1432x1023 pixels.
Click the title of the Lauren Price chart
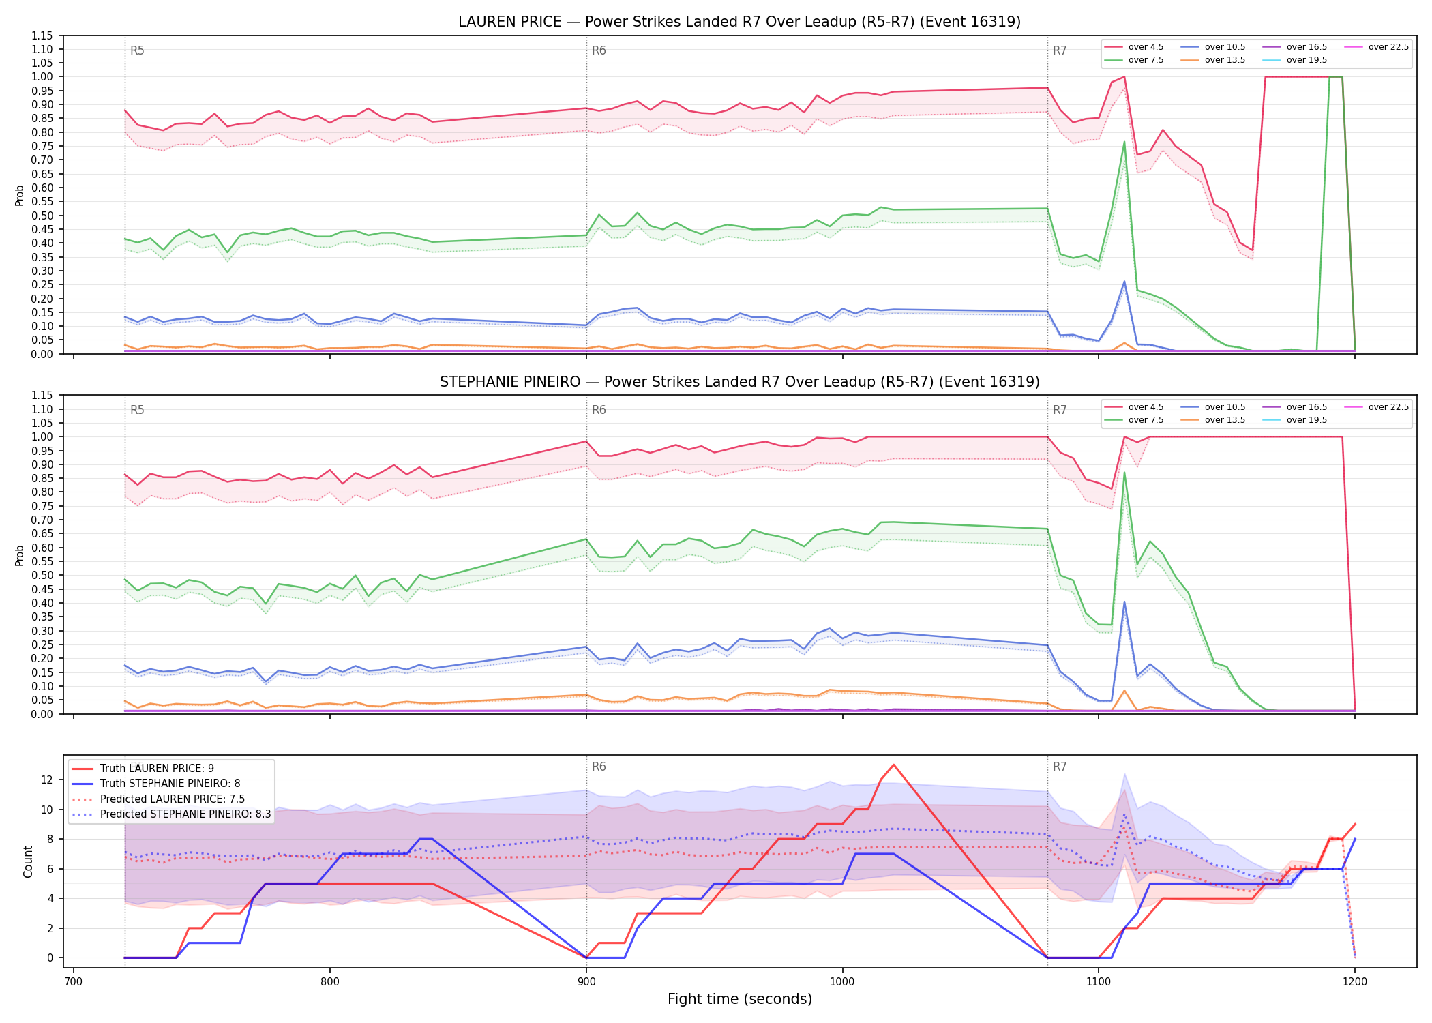tap(739, 22)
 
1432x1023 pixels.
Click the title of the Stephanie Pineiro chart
tap(739, 382)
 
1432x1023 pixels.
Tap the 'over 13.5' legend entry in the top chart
tap(1213, 60)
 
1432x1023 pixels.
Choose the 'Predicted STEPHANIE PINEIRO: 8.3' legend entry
tap(171, 814)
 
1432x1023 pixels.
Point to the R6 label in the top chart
tap(599, 50)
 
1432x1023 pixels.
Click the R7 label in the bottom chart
tap(1060, 767)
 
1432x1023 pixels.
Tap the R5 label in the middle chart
tap(137, 410)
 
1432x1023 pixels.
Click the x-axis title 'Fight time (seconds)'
tap(740, 999)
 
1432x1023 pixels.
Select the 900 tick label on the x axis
tap(586, 982)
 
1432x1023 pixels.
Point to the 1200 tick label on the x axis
tap(1355, 982)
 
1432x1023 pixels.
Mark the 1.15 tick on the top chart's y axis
tap(42, 35)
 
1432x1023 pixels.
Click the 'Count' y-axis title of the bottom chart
tap(29, 861)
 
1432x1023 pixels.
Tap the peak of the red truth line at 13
tap(893, 765)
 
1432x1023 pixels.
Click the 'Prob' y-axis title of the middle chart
tap(20, 555)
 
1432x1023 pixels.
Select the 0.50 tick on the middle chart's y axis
tap(42, 576)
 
